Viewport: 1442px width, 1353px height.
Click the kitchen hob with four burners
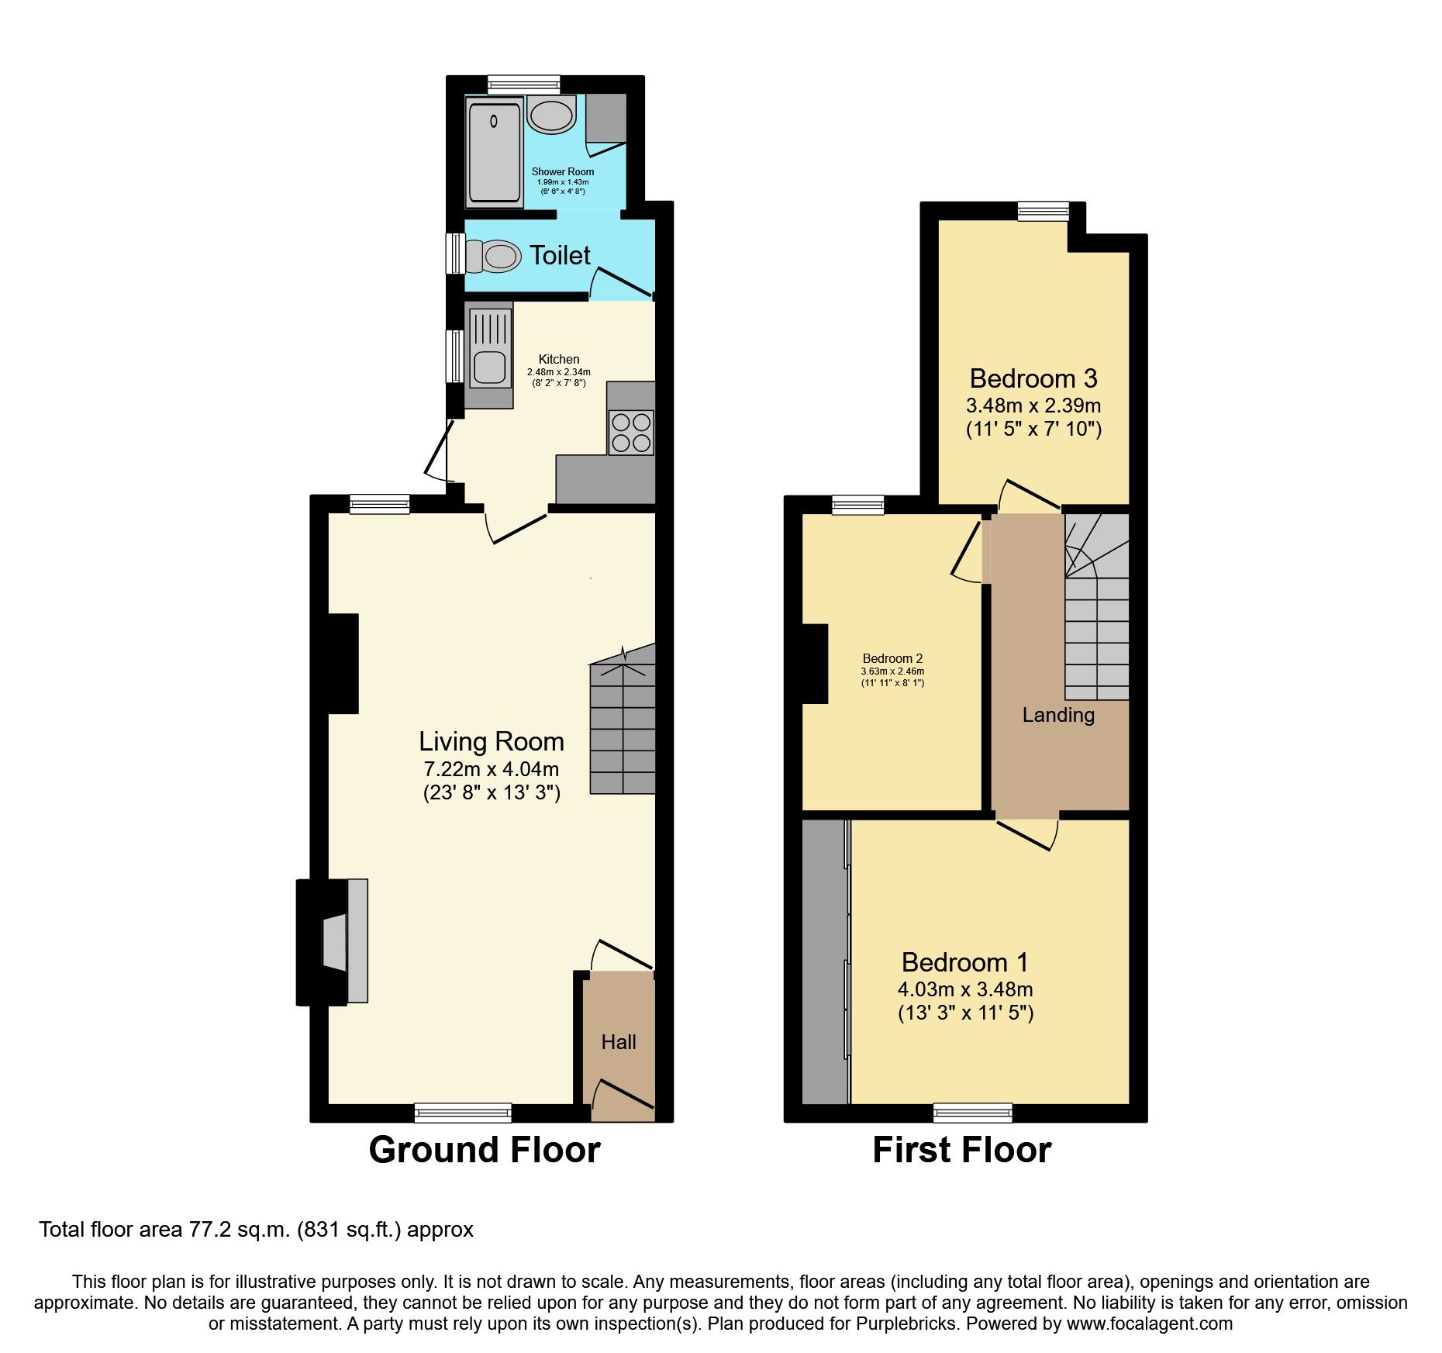630,433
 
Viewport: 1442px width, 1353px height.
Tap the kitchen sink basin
489,367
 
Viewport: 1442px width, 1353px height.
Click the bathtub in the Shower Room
494,153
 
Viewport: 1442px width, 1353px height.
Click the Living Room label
491,742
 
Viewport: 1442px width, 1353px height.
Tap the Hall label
618,1042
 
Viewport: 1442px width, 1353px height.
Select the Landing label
1057,715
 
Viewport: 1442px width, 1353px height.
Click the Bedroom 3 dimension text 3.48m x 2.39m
1033,406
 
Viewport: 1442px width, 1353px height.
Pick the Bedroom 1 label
964,962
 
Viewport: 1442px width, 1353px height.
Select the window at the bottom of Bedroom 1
972,1113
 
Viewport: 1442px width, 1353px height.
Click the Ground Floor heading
484,1150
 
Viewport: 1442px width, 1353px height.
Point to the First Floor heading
961,1150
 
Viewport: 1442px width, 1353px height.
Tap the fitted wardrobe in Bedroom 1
824,961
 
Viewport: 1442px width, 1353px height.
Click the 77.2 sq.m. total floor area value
239,1230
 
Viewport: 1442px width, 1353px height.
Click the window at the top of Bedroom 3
1043,211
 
